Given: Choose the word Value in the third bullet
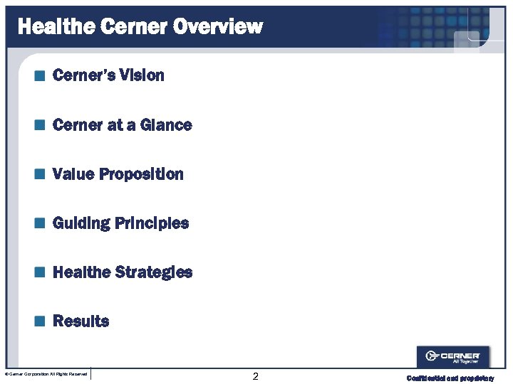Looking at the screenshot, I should click(x=73, y=174).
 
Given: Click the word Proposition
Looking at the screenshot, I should click(x=141, y=175).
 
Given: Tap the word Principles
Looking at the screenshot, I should click(x=152, y=223).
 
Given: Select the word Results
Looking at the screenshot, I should click(x=81, y=321).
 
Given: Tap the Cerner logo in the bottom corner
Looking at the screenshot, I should click(x=452, y=356).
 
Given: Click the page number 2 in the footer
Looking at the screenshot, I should click(x=256, y=376).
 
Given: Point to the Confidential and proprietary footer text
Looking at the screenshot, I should click(x=450, y=378).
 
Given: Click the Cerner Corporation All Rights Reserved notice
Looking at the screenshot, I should click(x=46, y=374).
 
